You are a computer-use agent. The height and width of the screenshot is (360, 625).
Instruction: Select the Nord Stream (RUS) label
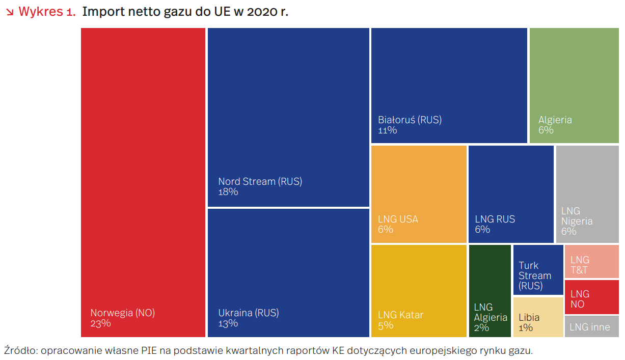(x=260, y=181)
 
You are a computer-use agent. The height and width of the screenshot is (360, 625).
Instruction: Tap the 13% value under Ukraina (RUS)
(x=228, y=323)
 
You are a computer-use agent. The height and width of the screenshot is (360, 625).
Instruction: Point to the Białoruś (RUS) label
(x=410, y=120)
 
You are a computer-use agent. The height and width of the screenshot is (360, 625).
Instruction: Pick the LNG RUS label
(x=495, y=219)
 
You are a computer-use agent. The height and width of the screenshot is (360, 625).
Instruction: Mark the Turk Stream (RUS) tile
(x=538, y=270)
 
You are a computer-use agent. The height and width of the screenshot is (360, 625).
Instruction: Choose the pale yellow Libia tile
(x=538, y=317)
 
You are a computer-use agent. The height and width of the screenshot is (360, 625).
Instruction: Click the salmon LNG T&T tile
(x=591, y=261)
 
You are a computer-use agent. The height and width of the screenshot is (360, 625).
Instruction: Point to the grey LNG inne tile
(x=591, y=326)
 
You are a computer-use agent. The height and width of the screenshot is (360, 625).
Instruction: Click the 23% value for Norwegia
(x=100, y=323)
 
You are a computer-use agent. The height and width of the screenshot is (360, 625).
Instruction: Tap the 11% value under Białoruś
(x=387, y=130)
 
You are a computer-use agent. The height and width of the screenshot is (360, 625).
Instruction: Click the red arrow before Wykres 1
(x=9, y=12)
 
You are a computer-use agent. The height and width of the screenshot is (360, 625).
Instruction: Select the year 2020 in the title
(x=262, y=12)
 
